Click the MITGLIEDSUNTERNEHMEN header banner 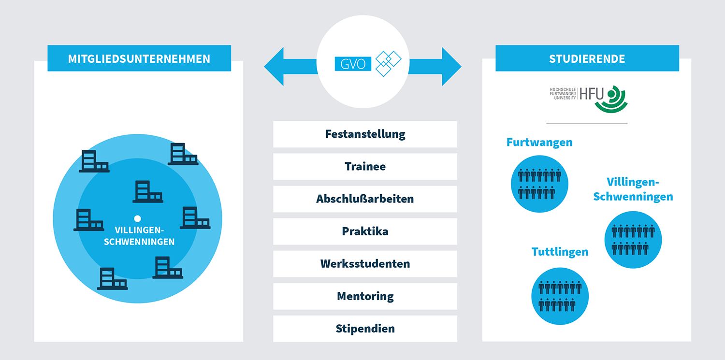coord(139,58)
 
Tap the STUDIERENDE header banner coord(587,58)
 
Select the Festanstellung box coord(365,134)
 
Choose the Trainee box coord(365,166)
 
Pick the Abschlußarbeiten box coord(365,199)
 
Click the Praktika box coord(365,231)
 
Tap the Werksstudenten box coord(365,263)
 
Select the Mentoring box coord(365,296)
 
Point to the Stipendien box coord(365,328)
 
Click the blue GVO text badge coord(353,64)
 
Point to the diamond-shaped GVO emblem coord(388,63)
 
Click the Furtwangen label coord(539,142)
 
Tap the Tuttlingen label coord(560,252)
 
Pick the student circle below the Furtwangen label coord(539,184)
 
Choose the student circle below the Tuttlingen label coord(560,296)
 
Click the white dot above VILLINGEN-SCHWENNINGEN coord(137,218)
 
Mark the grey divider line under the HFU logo coord(587,123)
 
